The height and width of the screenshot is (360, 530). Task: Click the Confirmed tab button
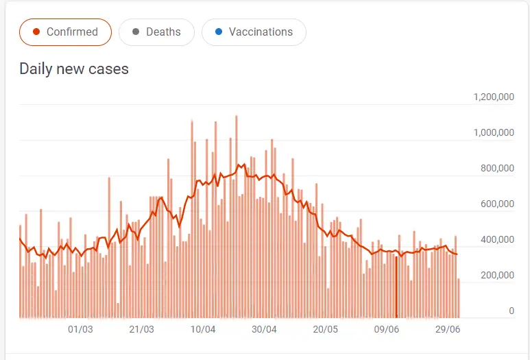point(65,32)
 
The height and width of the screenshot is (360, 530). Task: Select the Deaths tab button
point(156,32)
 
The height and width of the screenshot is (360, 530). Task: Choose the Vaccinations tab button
point(254,32)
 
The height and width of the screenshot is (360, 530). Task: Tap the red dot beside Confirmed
point(37,32)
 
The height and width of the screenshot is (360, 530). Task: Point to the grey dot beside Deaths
point(136,32)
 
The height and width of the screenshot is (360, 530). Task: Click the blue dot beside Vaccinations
point(219,32)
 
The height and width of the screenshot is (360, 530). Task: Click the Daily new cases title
point(74,69)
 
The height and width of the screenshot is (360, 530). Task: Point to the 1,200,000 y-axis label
point(494,97)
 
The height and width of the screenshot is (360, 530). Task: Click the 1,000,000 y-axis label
point(494,132)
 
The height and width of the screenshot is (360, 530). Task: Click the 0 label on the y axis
point(511,311)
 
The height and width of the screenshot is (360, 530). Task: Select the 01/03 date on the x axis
point(80,329)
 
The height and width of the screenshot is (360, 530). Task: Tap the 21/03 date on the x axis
point(141,329)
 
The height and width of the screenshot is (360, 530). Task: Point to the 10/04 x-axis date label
point(203,329)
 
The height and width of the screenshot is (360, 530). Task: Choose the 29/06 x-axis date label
point(448,329)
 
